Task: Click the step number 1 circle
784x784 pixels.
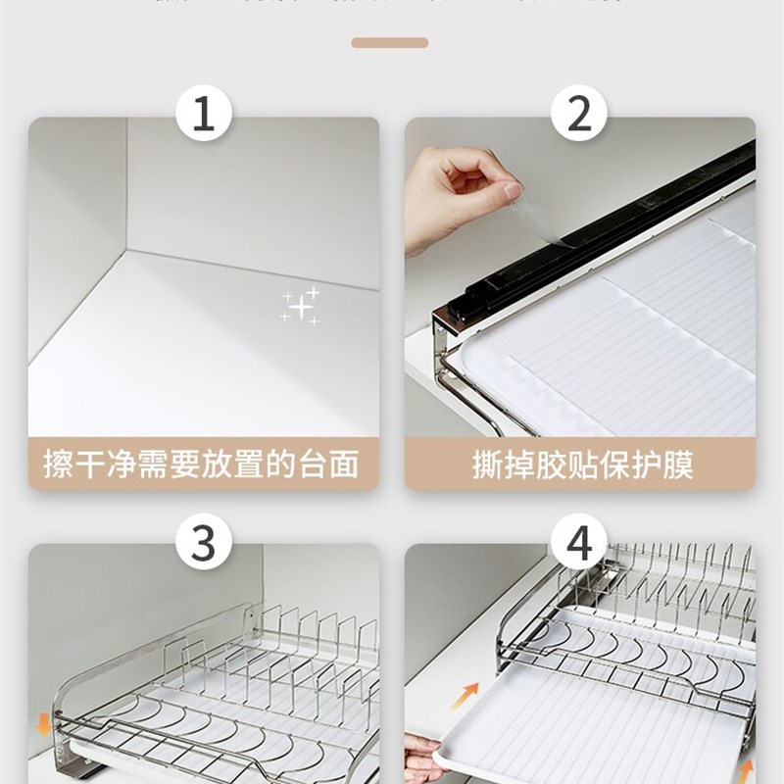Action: [203, 115]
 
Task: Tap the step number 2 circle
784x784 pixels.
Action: [579, 115]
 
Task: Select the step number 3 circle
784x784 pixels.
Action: [203, 542]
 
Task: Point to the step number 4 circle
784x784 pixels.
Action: [579, 542]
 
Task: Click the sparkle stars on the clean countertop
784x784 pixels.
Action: [300, 307]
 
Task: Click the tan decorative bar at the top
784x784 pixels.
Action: [390, 43]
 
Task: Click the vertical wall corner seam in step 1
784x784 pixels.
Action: [127, 196]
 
